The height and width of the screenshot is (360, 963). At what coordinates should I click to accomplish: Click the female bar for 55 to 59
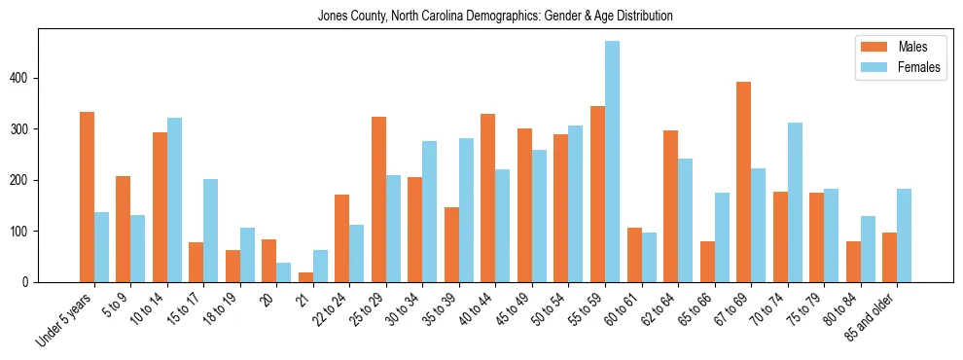click(612, 162)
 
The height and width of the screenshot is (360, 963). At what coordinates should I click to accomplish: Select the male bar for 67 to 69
click(743, 182)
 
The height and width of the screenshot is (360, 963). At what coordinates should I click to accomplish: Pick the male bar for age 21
click(305, 277)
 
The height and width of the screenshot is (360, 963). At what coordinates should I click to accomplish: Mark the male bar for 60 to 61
click(634, 255)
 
